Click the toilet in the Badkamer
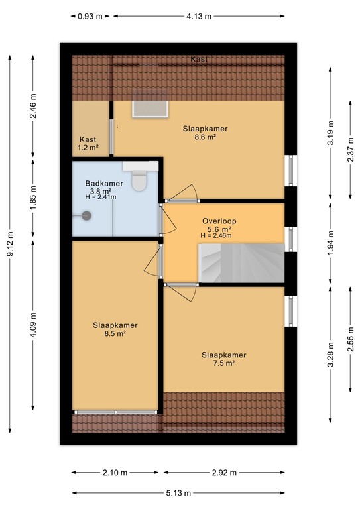tap(139, 180)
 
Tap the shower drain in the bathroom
tap(86, 214)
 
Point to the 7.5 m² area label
tap(224, 363)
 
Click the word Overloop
tap(219, 221)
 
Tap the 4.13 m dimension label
tap(198, 17)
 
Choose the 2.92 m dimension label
tap(223, 472)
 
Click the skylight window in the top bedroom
tap(150, 103)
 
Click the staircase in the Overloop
tap(239, 262)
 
